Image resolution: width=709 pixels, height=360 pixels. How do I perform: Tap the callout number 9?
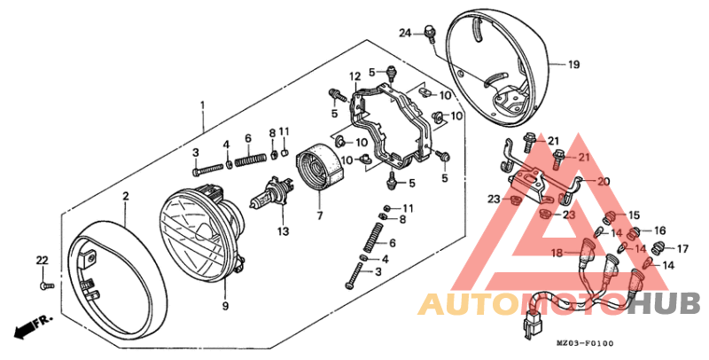click(x=225, y=306)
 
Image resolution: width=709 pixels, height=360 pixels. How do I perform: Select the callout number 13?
click(x=283, y=232)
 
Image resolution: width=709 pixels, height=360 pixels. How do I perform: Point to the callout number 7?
click(x=319, y=215)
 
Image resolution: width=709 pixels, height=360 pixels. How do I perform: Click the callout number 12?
click(x=354, y=75)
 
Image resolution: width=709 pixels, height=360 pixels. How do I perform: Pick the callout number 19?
click(x=573, y=65)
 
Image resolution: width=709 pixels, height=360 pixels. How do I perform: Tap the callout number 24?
click(x=405, y=34)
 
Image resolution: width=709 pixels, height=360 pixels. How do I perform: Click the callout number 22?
click(x=41, y=260)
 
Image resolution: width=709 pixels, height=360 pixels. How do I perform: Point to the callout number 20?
click(x=603, y=181)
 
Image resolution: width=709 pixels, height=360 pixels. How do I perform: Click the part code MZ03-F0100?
click(x=585, y=343)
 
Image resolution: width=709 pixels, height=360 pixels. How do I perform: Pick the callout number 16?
click(x=659, y=231)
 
